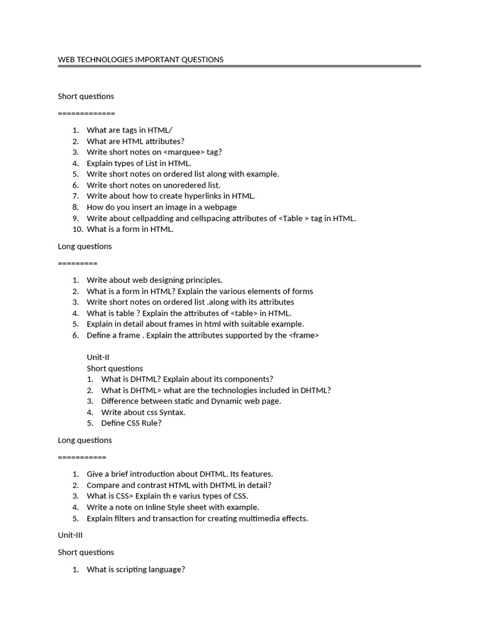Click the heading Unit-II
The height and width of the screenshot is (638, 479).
[x=98, y=357]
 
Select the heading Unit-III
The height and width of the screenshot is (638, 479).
[x=70, y=535]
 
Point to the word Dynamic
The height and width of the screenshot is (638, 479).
[x=230, y=401]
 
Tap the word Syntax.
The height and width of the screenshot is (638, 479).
[x=172, y=412]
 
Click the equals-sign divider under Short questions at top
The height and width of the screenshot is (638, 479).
[x=86, y=113]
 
